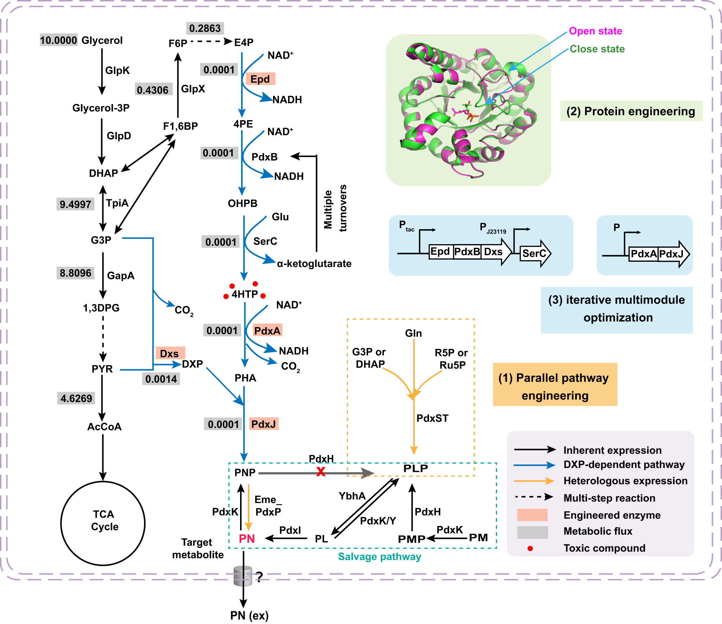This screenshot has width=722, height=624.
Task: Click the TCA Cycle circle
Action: point(103,523)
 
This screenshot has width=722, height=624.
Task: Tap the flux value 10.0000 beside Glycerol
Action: point(58,40)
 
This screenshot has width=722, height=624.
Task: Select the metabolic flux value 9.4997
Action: point(75,204)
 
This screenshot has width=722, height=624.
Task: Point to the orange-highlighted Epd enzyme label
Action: point(260,79)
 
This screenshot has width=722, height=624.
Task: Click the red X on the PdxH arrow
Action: point(321,472)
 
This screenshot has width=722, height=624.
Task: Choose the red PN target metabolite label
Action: point(246,539)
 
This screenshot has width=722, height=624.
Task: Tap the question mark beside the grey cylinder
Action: point(259,577)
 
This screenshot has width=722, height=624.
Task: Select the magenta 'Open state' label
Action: point(595,31)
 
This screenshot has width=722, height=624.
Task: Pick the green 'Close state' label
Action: point(597,49)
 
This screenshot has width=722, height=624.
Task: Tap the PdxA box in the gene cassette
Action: point(643,254)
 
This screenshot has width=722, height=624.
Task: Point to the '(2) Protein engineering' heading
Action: point(631,111)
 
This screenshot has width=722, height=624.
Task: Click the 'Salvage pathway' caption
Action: point(379,557)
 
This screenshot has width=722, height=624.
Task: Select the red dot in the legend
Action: point(530,548)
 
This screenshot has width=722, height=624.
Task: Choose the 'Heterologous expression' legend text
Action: point(625,481)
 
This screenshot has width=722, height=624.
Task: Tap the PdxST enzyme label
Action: point(432,418)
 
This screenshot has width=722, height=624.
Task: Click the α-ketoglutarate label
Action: point(314,264)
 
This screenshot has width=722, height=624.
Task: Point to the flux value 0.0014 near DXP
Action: point(161,379)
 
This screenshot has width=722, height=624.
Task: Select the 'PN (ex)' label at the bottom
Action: point(249,615)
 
